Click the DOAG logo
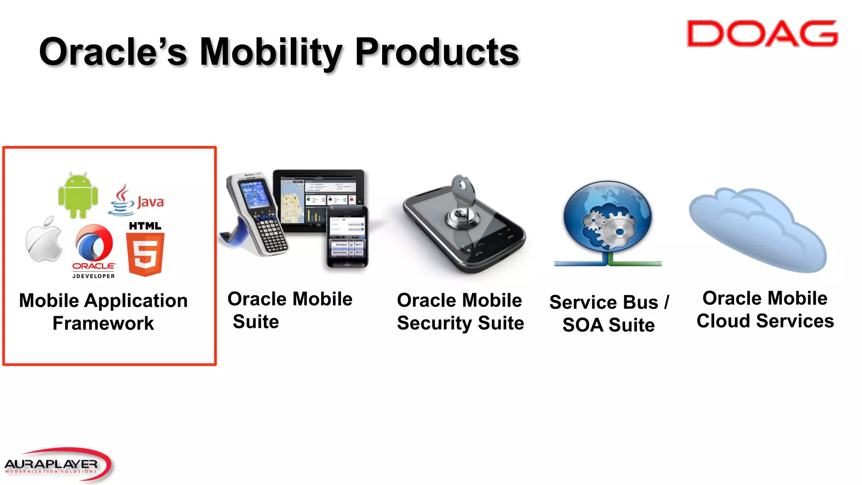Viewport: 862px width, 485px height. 762,34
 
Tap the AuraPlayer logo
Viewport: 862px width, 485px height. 57,464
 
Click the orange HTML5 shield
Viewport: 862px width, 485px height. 145,255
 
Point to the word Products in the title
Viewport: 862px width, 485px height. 437,52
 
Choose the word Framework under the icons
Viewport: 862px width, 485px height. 103,323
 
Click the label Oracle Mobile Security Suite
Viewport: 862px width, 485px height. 460,312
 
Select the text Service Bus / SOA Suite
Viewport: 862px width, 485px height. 609,314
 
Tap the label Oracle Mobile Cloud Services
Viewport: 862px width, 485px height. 765,309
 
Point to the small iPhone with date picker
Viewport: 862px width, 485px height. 347,238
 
